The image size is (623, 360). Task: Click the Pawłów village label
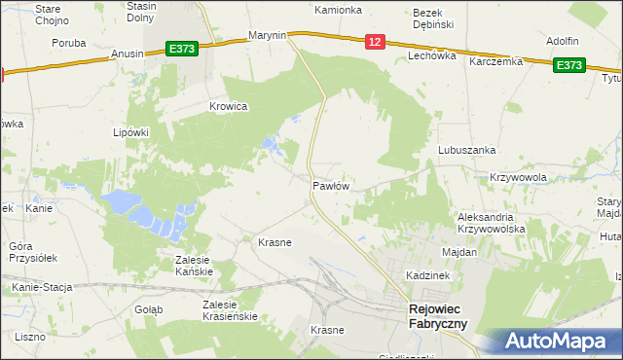click(331, 184)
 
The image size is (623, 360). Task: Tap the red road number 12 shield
click(376, 41)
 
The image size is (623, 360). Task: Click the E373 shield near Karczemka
click(569, 65)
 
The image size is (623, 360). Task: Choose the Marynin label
click(267, 35)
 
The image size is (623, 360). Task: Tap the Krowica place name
click(229, 106)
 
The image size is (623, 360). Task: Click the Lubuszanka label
click(467, 150)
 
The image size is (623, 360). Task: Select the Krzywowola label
click(518, 177)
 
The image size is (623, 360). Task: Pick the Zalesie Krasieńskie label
click(229, 310)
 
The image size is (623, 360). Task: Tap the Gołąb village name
click(149, 308)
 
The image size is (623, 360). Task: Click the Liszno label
click(31, 336)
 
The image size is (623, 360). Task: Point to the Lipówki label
click(130, 132)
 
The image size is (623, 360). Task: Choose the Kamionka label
click(338, 10)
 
